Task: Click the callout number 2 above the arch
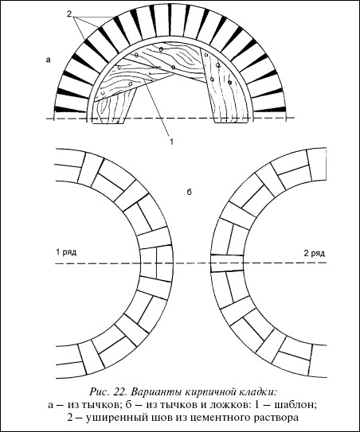[69, 14]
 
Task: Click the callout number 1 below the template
[171, 142]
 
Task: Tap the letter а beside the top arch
[49, 60]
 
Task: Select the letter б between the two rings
[190, 192]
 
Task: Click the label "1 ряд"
[66, 252]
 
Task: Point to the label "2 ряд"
[315, 253]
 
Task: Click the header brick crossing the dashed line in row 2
[227, 263]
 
